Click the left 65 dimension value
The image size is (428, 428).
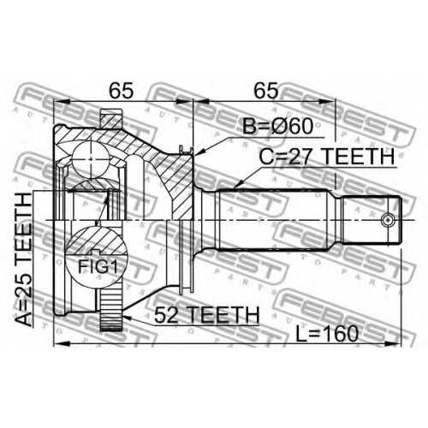click(122, 91)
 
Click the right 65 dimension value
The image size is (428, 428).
click(266, 91)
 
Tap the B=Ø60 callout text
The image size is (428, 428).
click(277, 126)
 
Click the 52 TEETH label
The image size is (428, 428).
click(206, 315)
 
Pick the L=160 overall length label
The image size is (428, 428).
click(327, 334)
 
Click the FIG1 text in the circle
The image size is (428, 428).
click(98, 267)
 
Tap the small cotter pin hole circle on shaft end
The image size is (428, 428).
click(388, 220)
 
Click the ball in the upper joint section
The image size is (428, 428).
click(91, 158)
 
